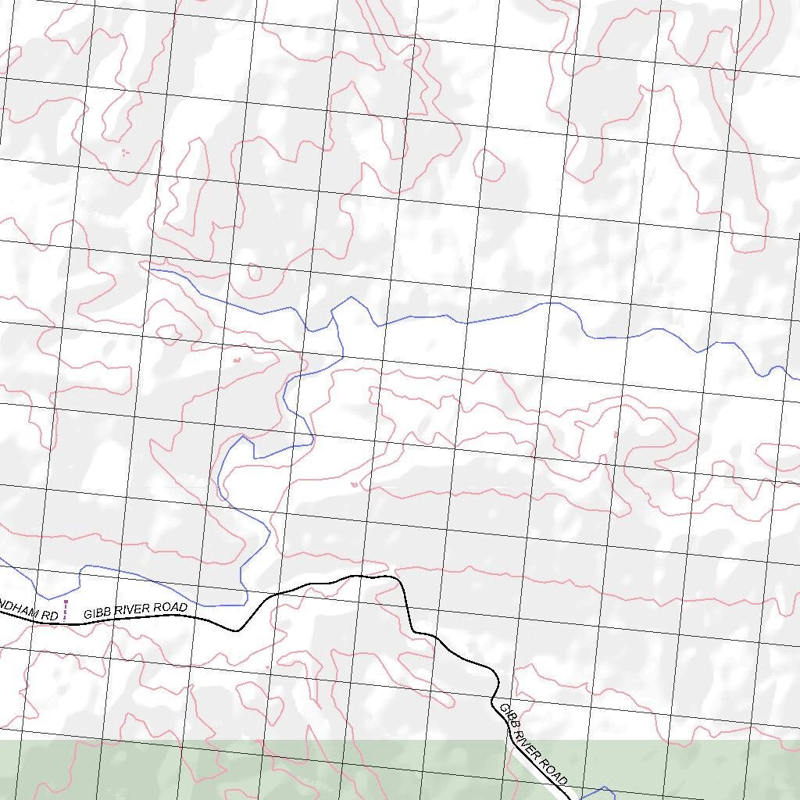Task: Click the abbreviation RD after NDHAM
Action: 49,616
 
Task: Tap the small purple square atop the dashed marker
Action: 66,602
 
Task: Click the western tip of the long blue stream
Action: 150,270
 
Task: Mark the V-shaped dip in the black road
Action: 236,630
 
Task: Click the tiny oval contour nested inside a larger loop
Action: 255,273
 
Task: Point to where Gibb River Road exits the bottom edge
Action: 573,798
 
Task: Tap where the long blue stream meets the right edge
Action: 797,379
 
